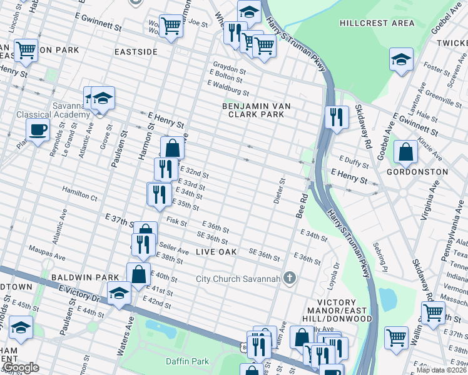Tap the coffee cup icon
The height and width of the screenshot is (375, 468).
pos(38,131)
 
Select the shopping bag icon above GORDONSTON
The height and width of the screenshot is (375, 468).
pos(406,151)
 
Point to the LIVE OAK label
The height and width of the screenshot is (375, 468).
pos(216,251)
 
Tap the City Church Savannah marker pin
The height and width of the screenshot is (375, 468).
pos(289,277)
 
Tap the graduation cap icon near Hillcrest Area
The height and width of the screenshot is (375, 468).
pos(400,59)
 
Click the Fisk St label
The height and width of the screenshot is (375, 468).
pos(177,221)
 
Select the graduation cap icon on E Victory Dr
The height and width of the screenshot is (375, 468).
pos(119,293)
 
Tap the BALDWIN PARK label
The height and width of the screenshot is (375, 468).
pos(76,277)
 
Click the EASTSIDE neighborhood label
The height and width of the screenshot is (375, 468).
pos(136,52)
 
